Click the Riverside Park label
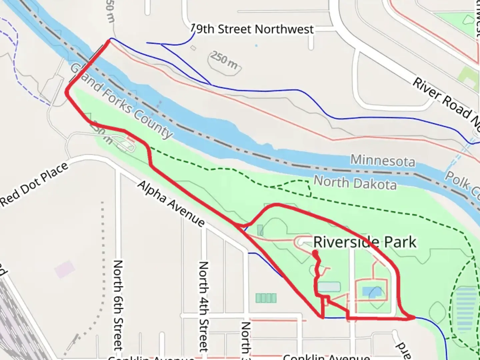365,242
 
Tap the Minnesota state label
383,161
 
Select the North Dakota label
355,183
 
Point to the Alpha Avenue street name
171,204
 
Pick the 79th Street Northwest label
253,29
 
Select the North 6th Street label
118,305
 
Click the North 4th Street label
203,307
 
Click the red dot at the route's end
315,254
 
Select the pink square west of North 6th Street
65,269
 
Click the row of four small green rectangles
266,298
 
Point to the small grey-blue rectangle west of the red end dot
260,230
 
